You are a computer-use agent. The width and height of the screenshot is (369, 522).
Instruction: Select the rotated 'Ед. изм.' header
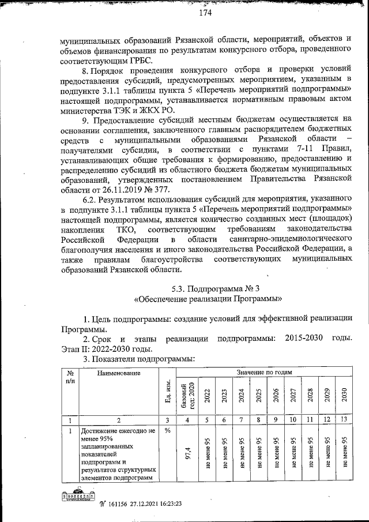pyautogui.click(x=167, y=392)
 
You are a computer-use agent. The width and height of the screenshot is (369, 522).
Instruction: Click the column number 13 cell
pyautogui.click(x=344, y=420)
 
